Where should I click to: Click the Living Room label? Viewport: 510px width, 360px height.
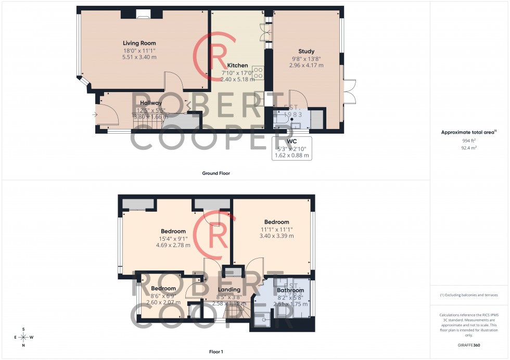(x=139, y=43)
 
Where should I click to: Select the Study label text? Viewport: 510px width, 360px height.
(x=306, y=52)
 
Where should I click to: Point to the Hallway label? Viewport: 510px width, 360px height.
(x=151, y=103)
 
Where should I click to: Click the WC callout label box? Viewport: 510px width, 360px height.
(x=291, y=148)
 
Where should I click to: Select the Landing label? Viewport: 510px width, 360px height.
(x=229, y=290)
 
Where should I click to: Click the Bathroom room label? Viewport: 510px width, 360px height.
(x=290, y=290)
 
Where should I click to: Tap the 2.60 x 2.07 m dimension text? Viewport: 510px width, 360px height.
(x=163, y=302)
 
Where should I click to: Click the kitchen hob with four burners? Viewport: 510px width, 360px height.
(x=258, y=72)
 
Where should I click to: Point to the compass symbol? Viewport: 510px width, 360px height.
(x=23, y=337)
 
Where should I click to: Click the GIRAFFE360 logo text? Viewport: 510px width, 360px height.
(x=470, y=345)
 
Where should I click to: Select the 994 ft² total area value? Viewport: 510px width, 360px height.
(x=469, y=141)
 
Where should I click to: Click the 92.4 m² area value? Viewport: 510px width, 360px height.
(x=469, y=148)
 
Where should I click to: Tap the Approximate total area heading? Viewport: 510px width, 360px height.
(x=469, y=132)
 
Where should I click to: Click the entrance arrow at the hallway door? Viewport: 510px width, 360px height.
(x=96, y=114)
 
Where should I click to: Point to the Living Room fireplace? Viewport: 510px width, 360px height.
(x=142, y=14)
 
